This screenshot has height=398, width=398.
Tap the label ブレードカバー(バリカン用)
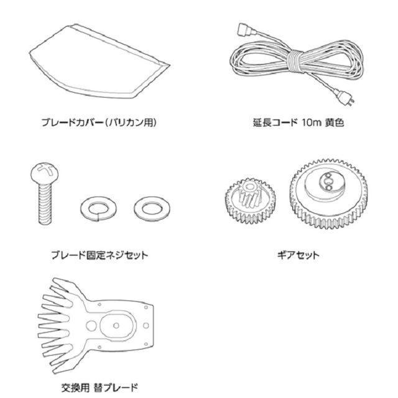pos(99,123)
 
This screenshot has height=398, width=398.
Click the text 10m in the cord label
pos(312,123)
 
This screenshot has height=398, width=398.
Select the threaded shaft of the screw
pos(45,204)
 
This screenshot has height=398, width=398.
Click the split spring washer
pos(98,209)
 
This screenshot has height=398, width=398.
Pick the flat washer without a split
pos(152,209)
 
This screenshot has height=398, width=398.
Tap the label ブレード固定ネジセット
pos(99,255)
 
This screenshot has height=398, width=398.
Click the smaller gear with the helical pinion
pos(250,201)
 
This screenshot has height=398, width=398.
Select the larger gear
pos(328,194)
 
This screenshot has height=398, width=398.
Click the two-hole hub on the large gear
pos(328,181)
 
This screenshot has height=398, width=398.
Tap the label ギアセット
pos(298,255)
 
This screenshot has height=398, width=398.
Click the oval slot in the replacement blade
pos(118,325)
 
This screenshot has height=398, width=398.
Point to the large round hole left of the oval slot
pos(91,325)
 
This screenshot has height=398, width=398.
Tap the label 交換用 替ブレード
pos(99,387)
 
